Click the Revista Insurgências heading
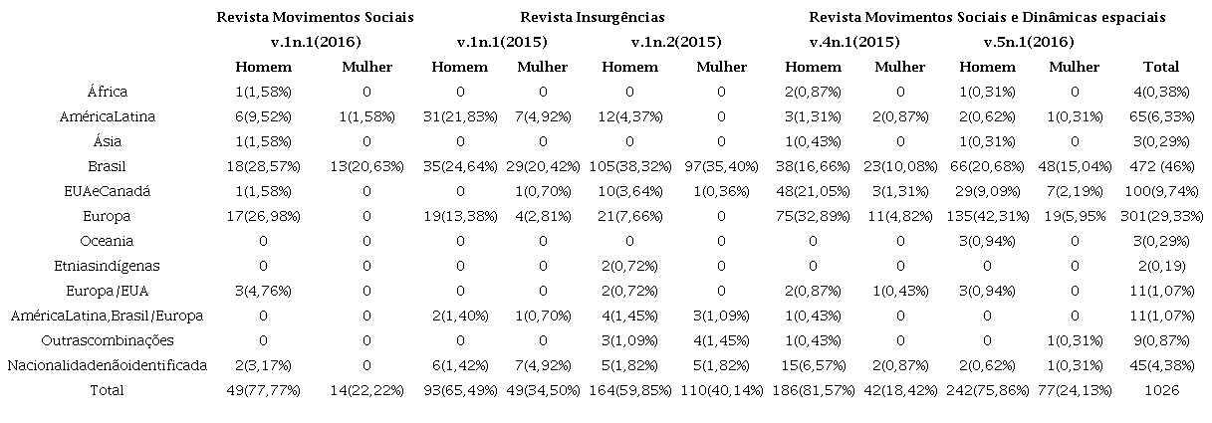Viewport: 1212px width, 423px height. [x=592, y=17]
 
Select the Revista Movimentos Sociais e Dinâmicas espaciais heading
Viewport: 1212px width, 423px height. [x=987, y=17]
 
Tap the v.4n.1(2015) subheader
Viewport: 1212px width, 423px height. [x=854, y=42]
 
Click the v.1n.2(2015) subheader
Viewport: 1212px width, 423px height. [x=676, y=42]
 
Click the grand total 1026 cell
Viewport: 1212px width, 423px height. [x=1161, y=390]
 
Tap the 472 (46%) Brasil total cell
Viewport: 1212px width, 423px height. [x=1161, y=166]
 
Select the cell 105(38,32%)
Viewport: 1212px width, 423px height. [x=630, y=166]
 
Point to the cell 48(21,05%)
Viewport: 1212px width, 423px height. [x=807, y=191]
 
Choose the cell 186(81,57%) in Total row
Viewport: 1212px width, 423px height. [x=807, y=390]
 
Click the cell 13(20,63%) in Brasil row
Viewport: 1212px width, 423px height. [x=366, y=166]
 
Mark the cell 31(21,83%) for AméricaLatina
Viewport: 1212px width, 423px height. [x=459, y=116]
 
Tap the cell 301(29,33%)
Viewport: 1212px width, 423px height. [x=1161, y=216]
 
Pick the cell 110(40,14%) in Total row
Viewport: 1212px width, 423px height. [x=721, y=390]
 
